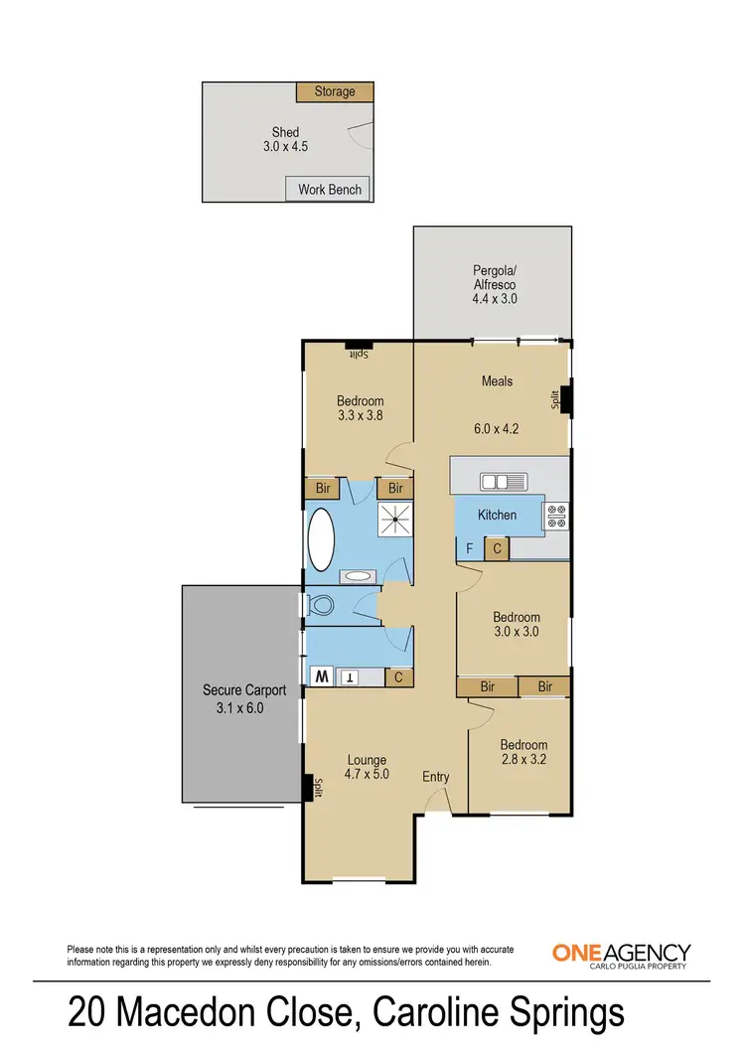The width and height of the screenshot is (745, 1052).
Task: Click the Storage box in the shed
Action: (x=335, y=91)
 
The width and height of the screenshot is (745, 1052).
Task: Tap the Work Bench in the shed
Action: (x=329, y=189)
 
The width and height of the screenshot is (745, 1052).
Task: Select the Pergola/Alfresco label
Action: (x=495, y=283)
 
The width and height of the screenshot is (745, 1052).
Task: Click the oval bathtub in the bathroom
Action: (x=323, y=538)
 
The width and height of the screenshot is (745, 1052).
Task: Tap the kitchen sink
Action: (x=504, y=482)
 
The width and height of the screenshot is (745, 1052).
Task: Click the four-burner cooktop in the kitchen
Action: (x=556, y=516)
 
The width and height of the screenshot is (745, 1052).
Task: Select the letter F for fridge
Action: (x=469, y=548)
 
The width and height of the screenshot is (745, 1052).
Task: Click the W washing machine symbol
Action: (x=323, y=676)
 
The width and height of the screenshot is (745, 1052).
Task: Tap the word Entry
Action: (x=436, y=776)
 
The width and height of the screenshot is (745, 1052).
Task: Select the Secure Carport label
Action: (x=244, y=690)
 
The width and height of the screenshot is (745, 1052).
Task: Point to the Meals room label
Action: (x=497, y=380)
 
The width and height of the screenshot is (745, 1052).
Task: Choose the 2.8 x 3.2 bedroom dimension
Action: (x=523, y=762)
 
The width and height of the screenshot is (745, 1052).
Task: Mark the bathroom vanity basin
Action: (x=358, y=576)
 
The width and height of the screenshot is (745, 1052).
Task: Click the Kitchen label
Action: (x=497, y=515)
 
